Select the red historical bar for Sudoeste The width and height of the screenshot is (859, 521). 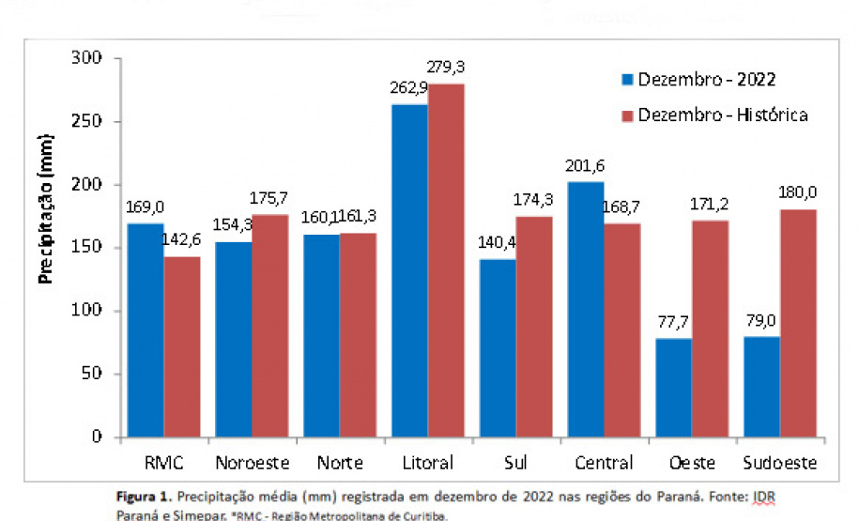click(x=799, y=323)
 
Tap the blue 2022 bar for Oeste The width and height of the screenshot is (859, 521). click(x=674, y=387)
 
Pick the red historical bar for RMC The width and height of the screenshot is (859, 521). click(x=181, y=346)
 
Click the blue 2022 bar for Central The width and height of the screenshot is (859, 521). click(x=584, y=309)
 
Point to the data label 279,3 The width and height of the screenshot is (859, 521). click(x=446, y=67)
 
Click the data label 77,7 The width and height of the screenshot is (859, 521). click(x=671, y=323)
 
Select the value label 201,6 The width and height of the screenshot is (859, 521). click(x=584, y=165)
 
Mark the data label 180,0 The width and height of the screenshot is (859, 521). click(x=798, y=192)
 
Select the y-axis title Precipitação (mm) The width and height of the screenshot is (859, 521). click(x=45, y=208)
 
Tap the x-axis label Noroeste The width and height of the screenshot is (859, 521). click(x=252, y=463)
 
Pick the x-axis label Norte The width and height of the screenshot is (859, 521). click(x=340, y=463)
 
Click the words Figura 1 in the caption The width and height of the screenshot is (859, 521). click(x=144, y=495)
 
